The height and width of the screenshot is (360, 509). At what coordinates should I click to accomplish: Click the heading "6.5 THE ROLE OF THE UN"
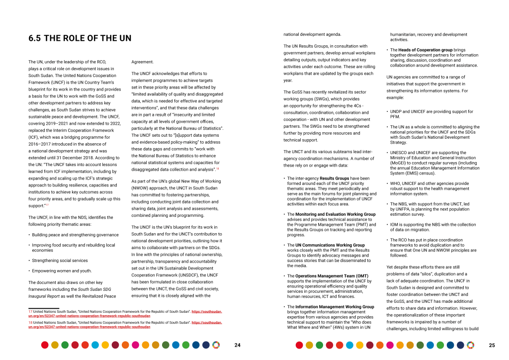[x=80, y=38]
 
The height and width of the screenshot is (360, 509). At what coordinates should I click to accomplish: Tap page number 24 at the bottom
[x=237, y=345]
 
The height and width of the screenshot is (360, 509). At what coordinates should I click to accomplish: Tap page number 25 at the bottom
[x=492, y=345]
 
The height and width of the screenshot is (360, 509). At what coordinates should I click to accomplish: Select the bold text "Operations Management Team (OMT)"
[x=332, y=276]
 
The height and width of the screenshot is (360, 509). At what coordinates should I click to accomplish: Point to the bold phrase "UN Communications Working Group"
[x=330, y=245]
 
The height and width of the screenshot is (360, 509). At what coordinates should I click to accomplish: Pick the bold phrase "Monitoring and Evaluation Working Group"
[x=336, y=214]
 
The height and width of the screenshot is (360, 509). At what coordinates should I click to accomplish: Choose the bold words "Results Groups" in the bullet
[x=335, y=178]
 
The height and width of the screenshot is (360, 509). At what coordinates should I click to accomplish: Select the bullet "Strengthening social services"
[x=60, y=261]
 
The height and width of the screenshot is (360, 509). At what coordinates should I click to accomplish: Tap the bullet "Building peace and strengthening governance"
[x=75, y=235]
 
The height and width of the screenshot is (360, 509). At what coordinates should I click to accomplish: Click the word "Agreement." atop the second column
[x=143, y=62]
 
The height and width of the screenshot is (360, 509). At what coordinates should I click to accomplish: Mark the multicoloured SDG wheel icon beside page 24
[x=215, y=345]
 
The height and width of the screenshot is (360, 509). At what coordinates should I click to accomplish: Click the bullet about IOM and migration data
[x=432, y=227]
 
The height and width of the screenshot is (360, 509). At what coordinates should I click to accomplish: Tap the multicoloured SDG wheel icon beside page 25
[x=470, y=345]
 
